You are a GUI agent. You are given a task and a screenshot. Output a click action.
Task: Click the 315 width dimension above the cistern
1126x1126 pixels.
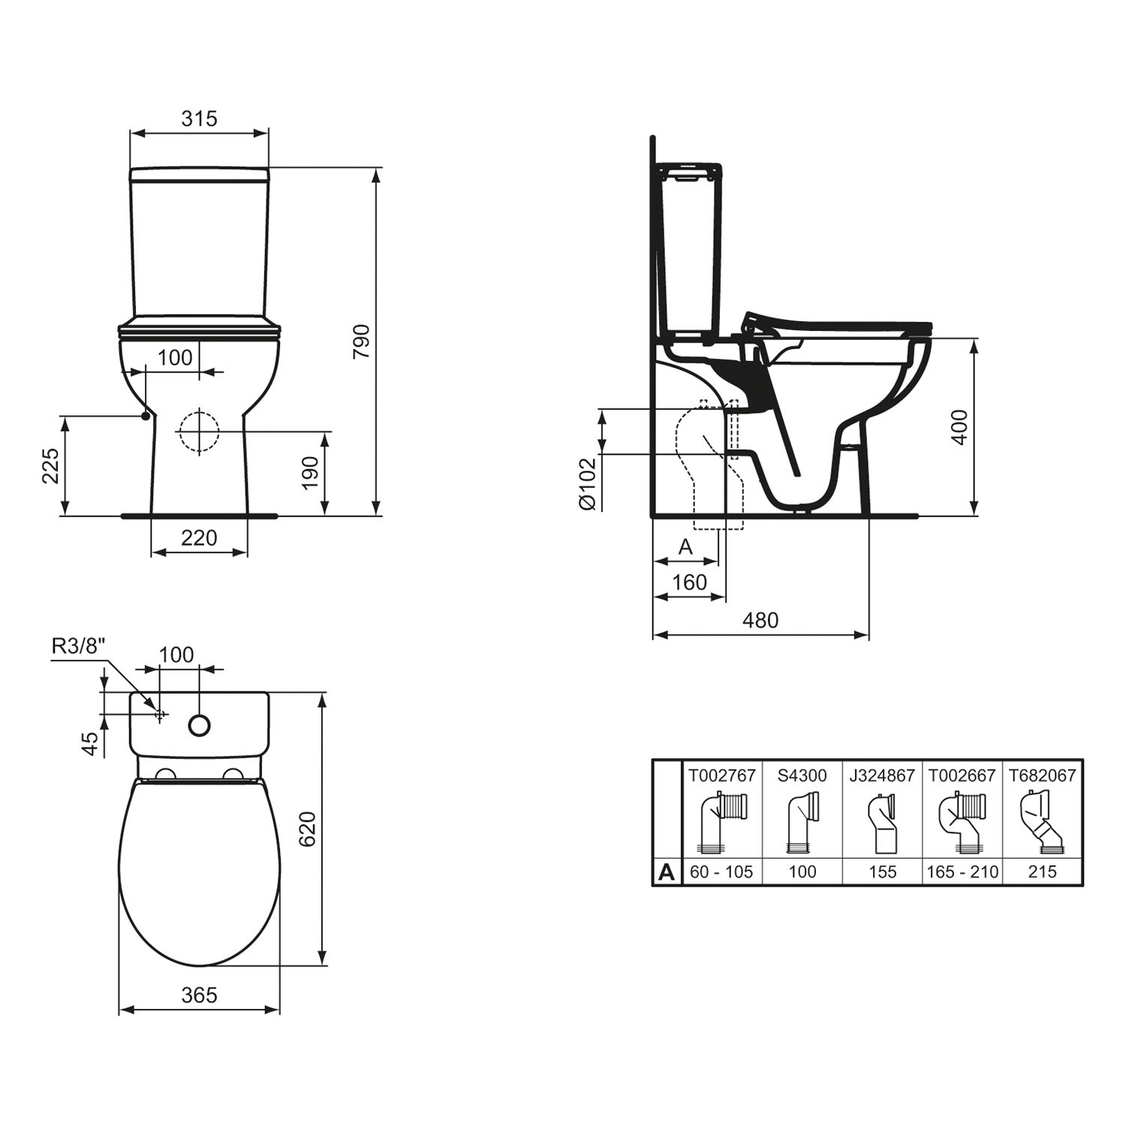[199, 119]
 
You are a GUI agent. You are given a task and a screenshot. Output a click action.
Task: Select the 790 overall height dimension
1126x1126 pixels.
[362, 342]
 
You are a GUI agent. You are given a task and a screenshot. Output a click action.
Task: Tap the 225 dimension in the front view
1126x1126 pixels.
[50, 466]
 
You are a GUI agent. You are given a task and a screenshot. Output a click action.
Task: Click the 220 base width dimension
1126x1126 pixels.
[199, 537]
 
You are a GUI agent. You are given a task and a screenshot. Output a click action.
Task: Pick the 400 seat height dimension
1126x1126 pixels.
[959, 427]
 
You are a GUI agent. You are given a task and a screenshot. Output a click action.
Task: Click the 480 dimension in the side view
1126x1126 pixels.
[760, 620]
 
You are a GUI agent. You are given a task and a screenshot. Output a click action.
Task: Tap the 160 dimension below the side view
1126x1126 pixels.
[689, 582]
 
